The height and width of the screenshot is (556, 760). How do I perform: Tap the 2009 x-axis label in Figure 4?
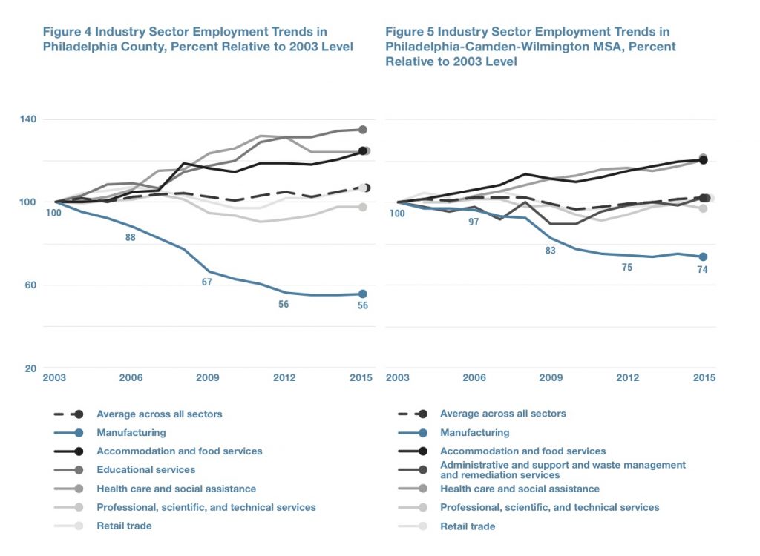pos(207,378)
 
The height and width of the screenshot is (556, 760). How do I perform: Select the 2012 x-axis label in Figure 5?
pos(627,378)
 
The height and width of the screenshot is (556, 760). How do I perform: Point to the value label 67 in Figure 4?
pos(207,282)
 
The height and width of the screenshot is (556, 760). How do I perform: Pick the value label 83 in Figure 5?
pos(551,251)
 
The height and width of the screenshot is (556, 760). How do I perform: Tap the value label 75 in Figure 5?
pos(627,267)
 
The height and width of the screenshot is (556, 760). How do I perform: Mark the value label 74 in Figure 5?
pos(702,269)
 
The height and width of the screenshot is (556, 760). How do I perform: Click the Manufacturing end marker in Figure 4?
pos(363,294)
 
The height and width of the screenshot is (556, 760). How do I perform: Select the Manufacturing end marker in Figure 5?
pos(704,257)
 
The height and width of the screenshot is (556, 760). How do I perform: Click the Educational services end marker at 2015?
pos(363,130)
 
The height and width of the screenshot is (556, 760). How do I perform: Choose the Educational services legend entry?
pos(145,469)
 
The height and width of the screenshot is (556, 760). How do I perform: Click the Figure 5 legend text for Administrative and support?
pos(563,469)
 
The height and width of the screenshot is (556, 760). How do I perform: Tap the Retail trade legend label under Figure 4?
pos(124,526)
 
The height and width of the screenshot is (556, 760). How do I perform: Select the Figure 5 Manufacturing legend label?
pos(474,432)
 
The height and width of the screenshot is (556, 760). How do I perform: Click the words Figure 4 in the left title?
pos(65,32)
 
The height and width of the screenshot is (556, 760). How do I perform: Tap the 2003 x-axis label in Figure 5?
pos(398,378)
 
